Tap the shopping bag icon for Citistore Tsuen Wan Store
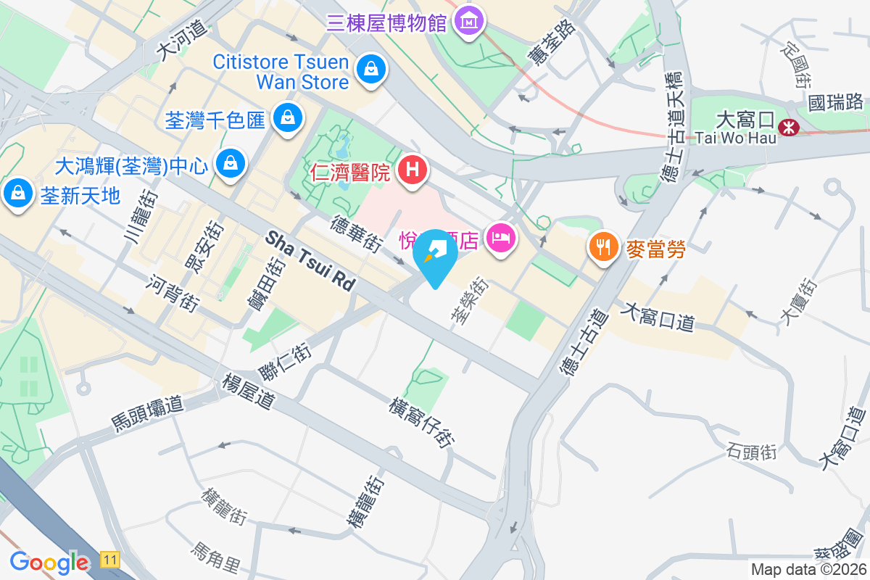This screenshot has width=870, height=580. coord(371,70)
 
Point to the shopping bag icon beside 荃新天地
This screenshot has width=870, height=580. coord(15,194)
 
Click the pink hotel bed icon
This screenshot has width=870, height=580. coord(500,237)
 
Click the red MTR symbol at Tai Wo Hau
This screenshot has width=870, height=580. coord(787,128)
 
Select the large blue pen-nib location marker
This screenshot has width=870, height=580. coord(434,254)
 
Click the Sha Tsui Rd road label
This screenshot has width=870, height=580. coord(310,261)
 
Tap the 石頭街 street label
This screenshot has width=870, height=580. coord(750,452)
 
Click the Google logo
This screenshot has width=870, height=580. coord(49,562)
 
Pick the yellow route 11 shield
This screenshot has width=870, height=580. coord(109,560)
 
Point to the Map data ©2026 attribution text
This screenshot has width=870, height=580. coord(808,569)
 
